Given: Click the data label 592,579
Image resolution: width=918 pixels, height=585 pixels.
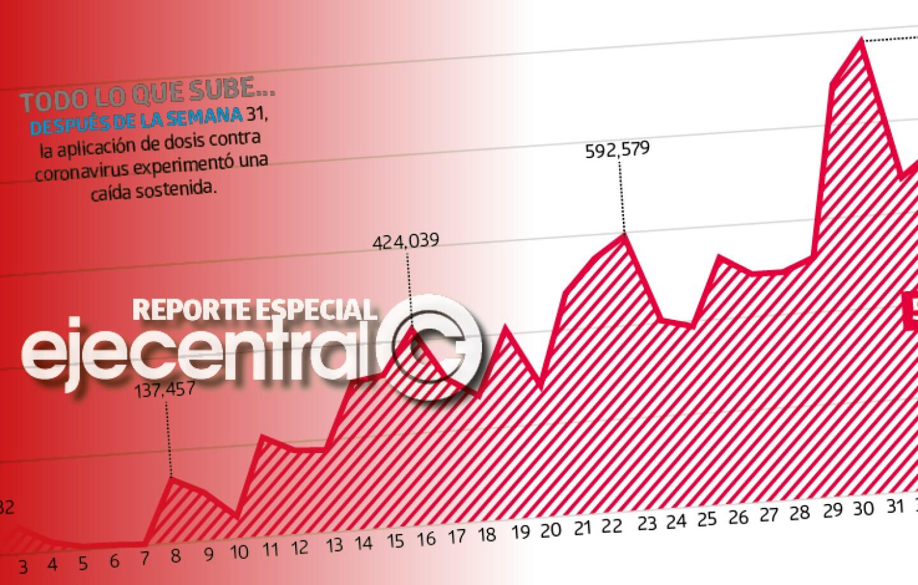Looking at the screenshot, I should pyautogui.click(x=617, y=150).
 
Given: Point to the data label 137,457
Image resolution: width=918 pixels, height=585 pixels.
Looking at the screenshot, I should pyautogui.click(x=165, y=389).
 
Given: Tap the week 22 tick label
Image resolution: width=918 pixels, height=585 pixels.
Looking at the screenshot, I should pyautogui.click(x=612, y=526).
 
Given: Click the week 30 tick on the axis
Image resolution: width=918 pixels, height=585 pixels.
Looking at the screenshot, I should pyautogui.click(x=863, y=509).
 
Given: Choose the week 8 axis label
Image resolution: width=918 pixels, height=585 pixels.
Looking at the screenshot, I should pyautogui.click(x=176, y=556).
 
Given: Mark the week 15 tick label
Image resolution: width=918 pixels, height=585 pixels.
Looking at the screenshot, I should pyautogui.click(x=395, y=541).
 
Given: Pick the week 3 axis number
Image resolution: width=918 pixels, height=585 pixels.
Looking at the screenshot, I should pyautogui.click(x=23, y=567).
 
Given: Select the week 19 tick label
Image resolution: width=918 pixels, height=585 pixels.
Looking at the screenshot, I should pyautogui.click(x=520, y=532).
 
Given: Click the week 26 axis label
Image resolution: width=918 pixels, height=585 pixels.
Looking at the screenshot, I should pyautogui.click(x=738, y=517).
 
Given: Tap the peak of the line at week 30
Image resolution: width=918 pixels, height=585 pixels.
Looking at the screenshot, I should pyautogui.click(x=862, y=40).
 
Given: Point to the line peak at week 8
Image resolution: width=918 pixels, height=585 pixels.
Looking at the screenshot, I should pyautogui.click(x=171, y=478).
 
